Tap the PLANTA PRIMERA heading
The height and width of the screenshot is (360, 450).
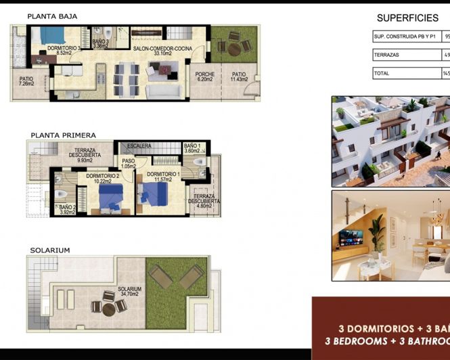pos(63,135)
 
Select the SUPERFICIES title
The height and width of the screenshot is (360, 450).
pos(407,18)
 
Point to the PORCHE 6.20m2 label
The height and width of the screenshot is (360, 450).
pos(205,76)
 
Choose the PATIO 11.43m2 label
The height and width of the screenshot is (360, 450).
pos(239,76)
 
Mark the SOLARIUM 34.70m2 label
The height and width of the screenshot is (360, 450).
pos(128,291)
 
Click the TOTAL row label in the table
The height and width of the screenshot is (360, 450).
pos(382,74)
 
